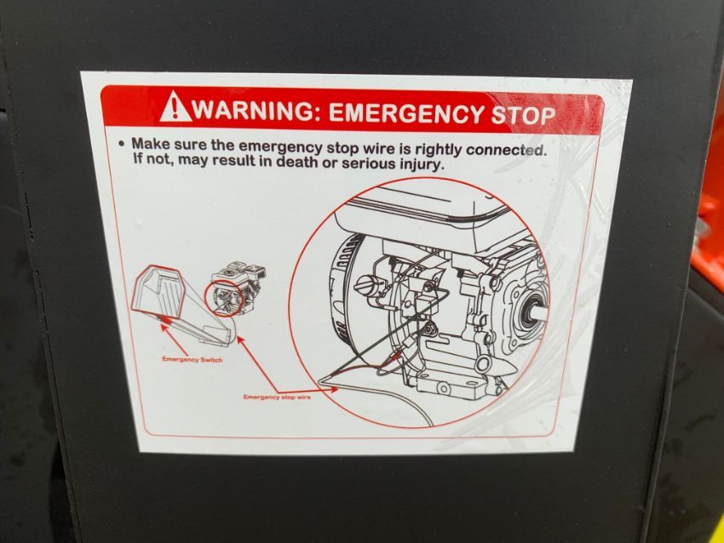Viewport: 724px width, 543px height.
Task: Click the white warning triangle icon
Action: (x=176, y=107)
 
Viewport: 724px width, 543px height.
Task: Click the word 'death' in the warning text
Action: (x=297, y=163)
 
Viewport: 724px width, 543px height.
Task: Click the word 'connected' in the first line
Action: (x=506, y=151)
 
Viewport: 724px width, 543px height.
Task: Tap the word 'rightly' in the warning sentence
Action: (x=437, y=150)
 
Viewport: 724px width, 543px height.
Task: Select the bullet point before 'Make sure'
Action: (x=121, y=144)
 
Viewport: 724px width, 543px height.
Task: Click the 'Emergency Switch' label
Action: (x=192, y=359)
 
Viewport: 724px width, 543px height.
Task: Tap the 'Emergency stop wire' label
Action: (x=277, y=397)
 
